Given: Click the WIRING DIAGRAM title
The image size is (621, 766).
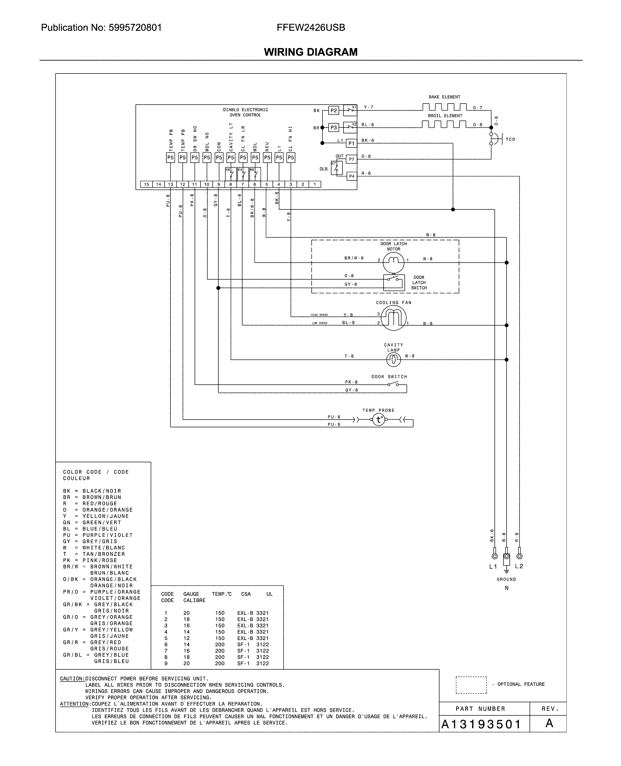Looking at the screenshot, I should coord(311,52).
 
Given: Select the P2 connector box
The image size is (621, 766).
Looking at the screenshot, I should coord(334,110).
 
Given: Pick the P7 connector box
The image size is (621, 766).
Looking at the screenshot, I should coord(352,159).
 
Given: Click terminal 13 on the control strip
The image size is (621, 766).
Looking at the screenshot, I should coord(171,184).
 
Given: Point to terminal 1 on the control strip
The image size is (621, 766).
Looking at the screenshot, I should coord(315,184).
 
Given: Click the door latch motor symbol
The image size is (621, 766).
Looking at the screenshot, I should coord(393,262).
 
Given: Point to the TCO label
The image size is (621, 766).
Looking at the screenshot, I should coord(510,140).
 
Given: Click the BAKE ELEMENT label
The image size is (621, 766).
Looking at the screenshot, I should coord(444,97).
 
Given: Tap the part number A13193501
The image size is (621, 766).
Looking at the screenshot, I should coord(481,724).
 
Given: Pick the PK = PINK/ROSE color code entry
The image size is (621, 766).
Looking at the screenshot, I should coord(90,560).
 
